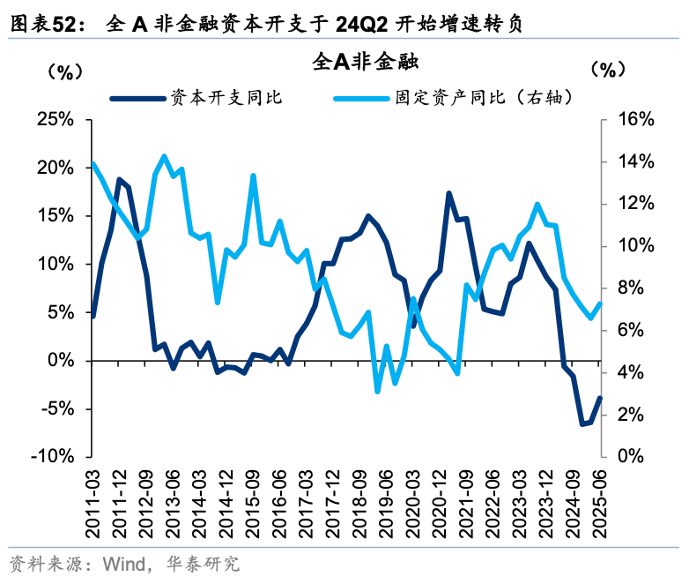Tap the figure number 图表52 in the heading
(42, 24)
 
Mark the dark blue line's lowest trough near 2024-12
(582, 424)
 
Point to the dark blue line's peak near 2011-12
(119, 179)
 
